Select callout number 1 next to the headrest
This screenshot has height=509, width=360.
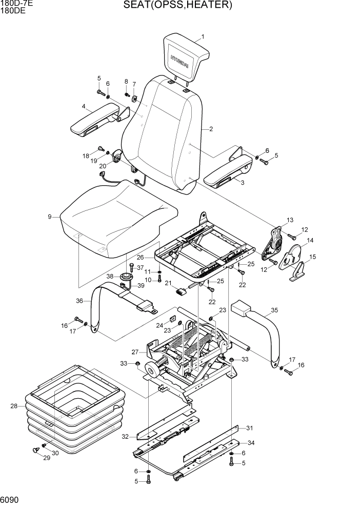coord(203,37)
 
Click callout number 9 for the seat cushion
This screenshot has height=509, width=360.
coord(50,217)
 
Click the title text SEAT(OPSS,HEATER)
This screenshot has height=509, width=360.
coord(178,6)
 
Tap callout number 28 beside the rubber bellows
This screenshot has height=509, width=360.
coord(14,406)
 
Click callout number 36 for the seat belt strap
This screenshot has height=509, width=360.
coord(79,301)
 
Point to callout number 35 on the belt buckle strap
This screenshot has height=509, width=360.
coord(274,310)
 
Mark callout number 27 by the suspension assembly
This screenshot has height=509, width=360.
coord(135,352)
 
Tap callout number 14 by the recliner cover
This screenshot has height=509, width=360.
coord(310,240)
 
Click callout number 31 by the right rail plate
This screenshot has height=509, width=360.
coord(250,428)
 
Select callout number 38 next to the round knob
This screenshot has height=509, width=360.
coord(110,276)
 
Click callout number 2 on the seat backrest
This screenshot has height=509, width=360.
coord(211,129)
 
